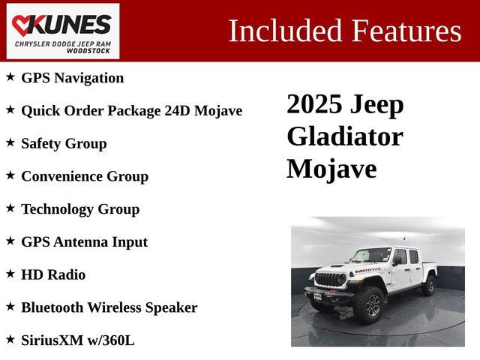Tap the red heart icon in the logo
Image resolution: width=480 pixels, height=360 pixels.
pos(23,25)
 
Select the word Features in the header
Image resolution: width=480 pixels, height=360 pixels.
pos(406,31)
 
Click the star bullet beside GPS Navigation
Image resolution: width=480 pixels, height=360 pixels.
pos(10,76)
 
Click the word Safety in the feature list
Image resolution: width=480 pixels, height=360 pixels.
pos(40,143)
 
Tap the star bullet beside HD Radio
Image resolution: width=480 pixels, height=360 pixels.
pos(10,274)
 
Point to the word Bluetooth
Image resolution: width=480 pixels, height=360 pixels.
pos(52,307)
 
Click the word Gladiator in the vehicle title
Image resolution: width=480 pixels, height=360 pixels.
pos(344,136)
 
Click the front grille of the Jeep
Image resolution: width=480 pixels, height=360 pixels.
pos(330,280)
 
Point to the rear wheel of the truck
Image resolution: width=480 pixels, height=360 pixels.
pos(428,286)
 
